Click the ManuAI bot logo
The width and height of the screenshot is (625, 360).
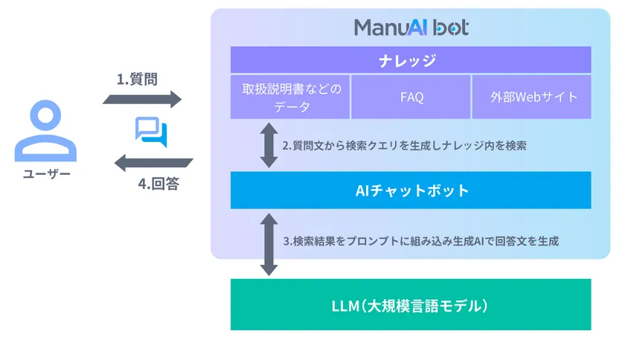(411, 28)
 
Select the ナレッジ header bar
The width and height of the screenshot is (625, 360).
(411, 60)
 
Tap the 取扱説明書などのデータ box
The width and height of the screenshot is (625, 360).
(290, 97)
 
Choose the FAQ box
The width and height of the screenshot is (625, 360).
(411, 97)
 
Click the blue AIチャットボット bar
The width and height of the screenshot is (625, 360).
(411, 190)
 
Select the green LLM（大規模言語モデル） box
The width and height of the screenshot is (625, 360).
(411, 305)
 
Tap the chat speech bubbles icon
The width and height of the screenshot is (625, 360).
(152, 130)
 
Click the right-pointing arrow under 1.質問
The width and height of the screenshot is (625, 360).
(149, 99)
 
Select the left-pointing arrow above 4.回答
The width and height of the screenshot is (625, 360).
(153, 162)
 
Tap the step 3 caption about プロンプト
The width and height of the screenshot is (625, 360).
(420, 242)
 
